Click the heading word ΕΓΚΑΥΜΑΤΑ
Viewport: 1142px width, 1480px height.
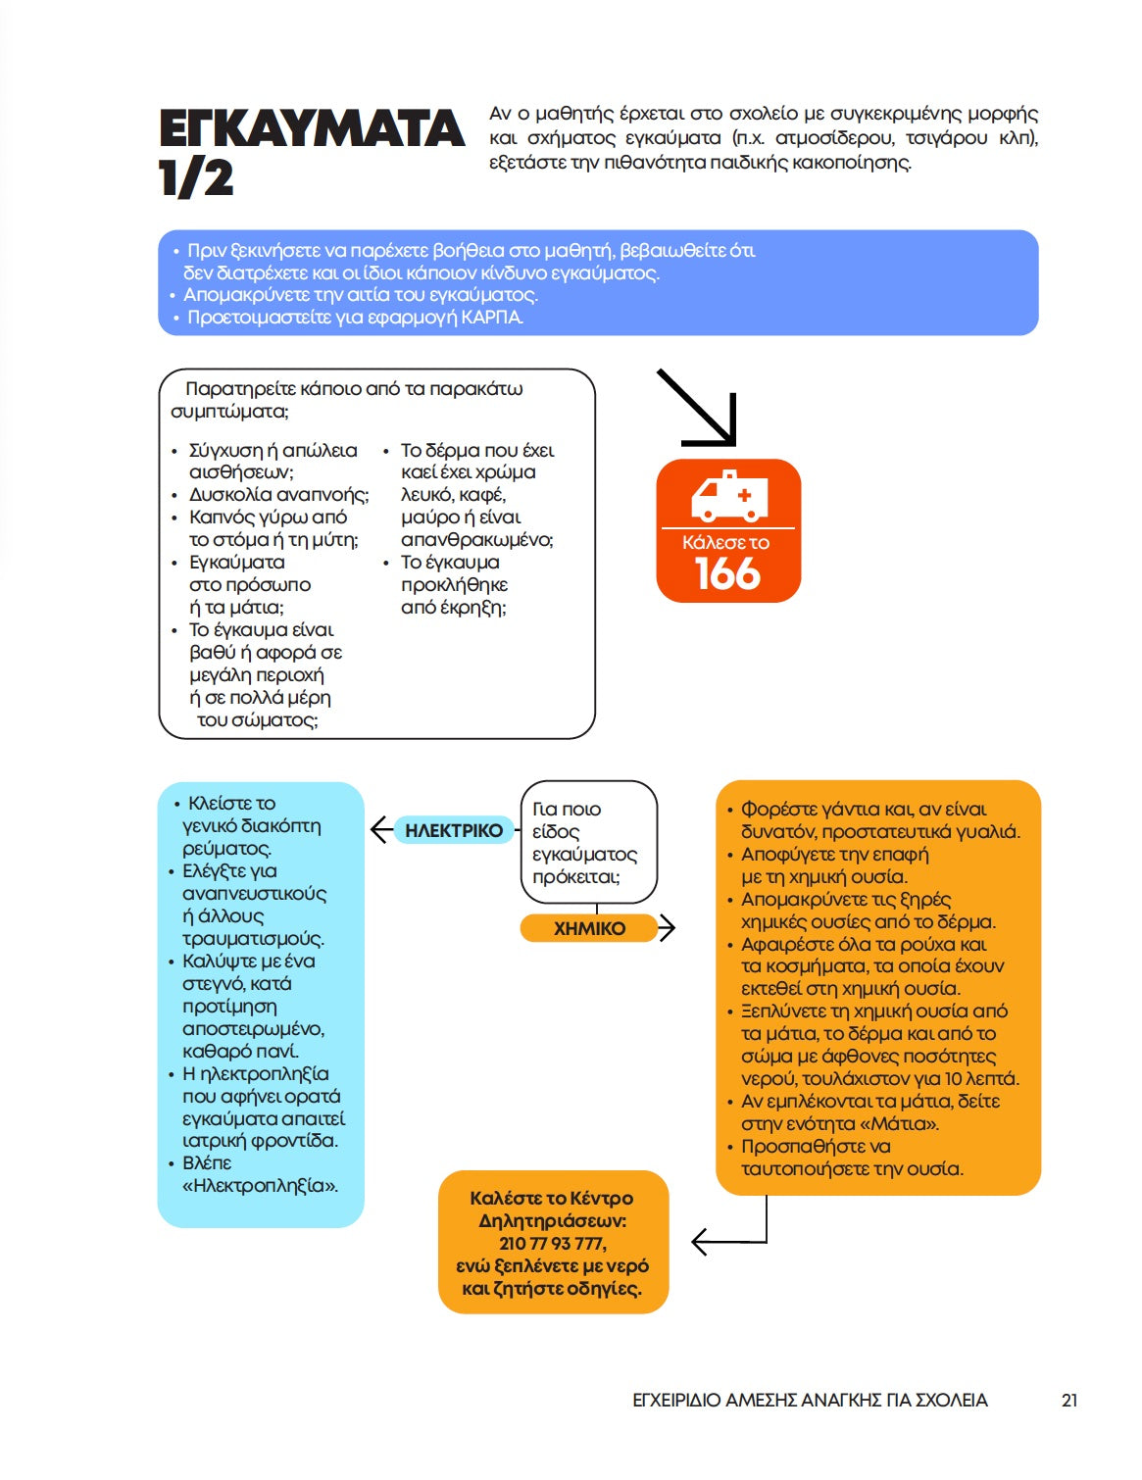click(x=311, y=129)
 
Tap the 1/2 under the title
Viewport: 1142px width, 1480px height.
click(x=196, y=178)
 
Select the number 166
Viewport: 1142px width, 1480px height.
click(x=727, y=574)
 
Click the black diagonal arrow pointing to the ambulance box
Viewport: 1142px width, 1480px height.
click(x=698, y=408)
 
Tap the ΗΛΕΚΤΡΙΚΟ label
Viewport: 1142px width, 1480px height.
click(x=454, y=830)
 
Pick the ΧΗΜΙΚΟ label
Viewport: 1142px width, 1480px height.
click(x=588, y=928)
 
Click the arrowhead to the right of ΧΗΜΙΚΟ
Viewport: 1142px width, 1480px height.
click(x=668, y=927)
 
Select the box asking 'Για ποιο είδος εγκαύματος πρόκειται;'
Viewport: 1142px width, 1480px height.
click(x=588, y=842)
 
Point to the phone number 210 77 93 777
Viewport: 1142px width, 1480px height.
click(x=552, y=1244)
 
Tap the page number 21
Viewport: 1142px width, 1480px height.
click(x=1069, y=1401)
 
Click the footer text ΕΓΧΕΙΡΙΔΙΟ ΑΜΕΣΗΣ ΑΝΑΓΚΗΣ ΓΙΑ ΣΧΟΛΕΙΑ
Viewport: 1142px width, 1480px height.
click(x=810, y=1401)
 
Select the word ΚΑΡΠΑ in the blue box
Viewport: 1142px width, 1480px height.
click(x=492, y=318)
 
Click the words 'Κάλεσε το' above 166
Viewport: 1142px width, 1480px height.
click(x=726, y=543)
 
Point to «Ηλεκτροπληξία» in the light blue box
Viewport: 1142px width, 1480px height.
click(x=261, y=1186)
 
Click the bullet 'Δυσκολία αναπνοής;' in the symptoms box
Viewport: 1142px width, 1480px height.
click(x=279, y=495)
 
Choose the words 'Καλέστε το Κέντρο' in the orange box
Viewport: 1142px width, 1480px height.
click(x=552, y=1199)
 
